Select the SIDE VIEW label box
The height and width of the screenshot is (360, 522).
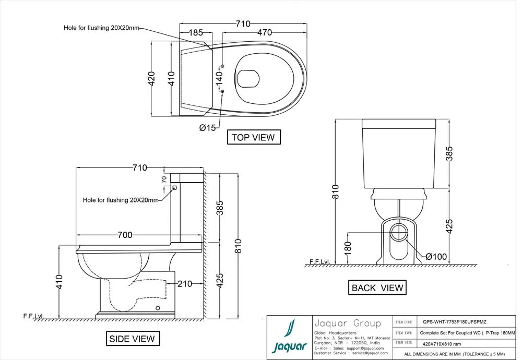(x=132, y=339)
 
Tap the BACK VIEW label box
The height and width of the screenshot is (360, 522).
(x=377, y=287)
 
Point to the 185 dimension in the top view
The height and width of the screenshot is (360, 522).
(x=195, y=33)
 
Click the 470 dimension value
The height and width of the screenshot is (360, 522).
(x=264, y=33)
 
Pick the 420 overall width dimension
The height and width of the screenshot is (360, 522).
(x=152, y=78)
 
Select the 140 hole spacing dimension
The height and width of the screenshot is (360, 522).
(x=220, y=78)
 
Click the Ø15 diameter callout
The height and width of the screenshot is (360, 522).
(x=207, y=128)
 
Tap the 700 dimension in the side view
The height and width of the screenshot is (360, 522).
(x=125, y=235)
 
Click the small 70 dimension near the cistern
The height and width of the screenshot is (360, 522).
(x=164, y=179)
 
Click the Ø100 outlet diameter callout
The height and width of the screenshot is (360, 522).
(x=436, y=256)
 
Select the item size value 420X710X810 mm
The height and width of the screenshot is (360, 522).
(x=442, y=344)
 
